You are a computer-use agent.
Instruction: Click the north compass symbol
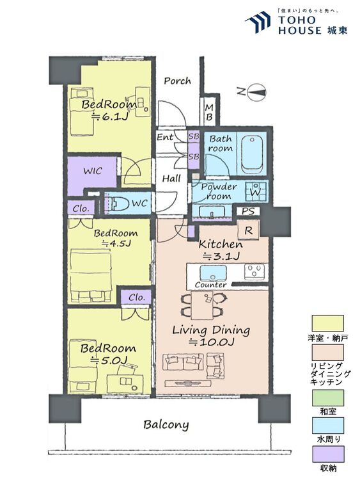coord(256,92)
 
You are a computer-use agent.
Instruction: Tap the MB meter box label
coord(209,112)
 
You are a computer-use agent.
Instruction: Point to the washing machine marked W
coord(255,191)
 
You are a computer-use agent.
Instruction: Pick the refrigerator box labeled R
coord(248,230)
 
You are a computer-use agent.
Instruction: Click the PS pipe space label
coord(248,211)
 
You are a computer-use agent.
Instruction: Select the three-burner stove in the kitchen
coord(254,271)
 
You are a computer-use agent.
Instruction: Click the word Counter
coord(211,285)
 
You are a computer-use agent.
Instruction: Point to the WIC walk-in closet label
coord(93,171)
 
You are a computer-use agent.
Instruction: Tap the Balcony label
coord(166,424)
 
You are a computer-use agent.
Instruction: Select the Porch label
coord(177,81)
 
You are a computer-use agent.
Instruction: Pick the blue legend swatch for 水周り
coord(328,426)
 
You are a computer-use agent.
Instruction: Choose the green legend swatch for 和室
coord(328,397)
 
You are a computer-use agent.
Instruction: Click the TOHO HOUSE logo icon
coord(258,22)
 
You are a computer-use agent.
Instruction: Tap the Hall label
coord(171,179)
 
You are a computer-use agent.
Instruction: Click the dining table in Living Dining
coord(202,305)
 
